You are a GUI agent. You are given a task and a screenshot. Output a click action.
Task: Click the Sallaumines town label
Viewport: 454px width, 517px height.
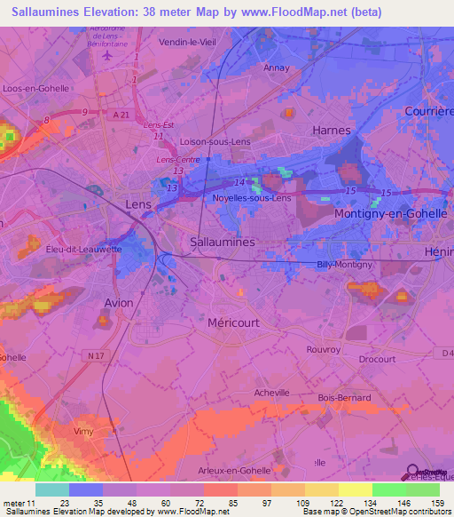click(x=223, y=242)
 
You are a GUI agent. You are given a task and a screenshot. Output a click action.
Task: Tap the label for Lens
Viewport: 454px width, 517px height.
click(x=138, y=203)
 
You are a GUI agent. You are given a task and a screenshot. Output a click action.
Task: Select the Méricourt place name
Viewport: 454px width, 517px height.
click(x=233, y=323)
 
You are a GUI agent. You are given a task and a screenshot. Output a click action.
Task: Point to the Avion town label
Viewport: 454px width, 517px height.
click(x=119, y=303)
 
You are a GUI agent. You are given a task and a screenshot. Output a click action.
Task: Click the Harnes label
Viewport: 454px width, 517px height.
click(x=332, y=130)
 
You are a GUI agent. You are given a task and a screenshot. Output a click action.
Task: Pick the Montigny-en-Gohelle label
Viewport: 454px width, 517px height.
click(x=387, y=215)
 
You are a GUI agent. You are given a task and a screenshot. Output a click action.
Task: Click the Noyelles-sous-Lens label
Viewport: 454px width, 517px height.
click(x=252, y=198)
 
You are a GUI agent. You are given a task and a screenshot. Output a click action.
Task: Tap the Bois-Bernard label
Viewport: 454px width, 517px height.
click(x=347, y=397)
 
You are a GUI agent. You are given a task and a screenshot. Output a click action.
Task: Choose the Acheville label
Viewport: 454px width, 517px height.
click(x=272, y=392)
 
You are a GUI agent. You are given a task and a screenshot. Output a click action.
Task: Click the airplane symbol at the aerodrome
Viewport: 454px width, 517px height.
click(x=108, y=55)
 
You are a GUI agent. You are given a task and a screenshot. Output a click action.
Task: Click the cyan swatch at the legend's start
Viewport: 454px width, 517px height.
click(x=51, y=489)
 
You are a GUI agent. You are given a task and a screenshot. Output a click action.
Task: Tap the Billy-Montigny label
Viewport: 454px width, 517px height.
click(x=345, y=265)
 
